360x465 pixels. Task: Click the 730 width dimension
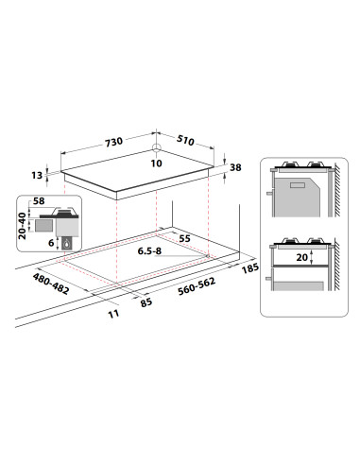tap(113, 142)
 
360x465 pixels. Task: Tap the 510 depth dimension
tap(185, 140)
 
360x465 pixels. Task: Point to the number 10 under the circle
tap(156, 164)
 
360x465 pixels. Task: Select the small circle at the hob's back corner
tap(157, 147)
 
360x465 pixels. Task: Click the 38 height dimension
tap(235, 167)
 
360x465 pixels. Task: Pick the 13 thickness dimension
tap(37, 175)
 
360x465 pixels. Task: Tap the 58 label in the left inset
tap(39, 200)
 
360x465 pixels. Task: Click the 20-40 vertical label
tap(23, 226)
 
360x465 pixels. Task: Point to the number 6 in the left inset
tap(51, 243)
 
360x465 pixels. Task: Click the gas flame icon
tap(66, 243)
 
